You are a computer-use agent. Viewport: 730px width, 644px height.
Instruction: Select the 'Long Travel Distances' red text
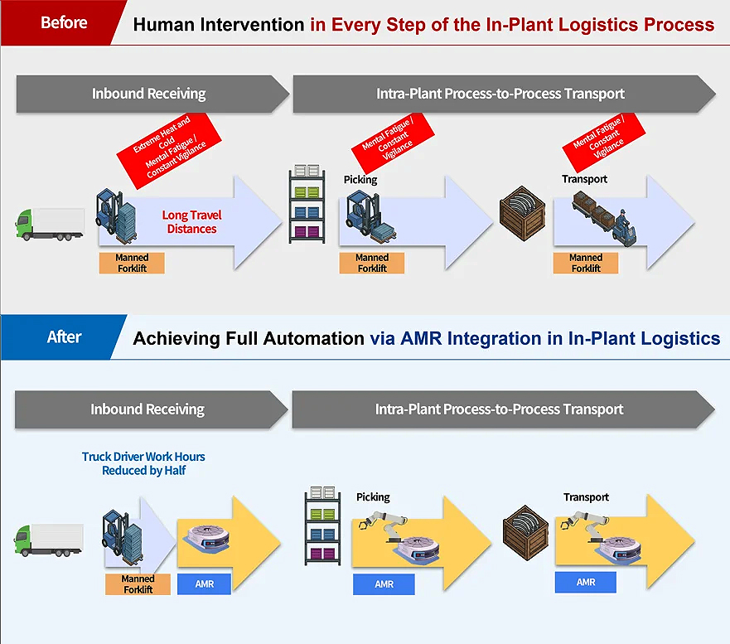191,221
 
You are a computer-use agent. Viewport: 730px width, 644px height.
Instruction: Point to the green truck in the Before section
50,225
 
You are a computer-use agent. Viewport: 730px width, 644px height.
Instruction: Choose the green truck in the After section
48,540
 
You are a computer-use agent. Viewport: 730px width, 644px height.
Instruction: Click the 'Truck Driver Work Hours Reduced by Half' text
143,463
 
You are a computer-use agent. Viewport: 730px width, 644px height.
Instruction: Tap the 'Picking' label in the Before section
360,180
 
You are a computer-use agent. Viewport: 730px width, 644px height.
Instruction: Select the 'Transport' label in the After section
586,497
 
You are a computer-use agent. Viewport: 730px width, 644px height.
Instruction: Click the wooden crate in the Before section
522,213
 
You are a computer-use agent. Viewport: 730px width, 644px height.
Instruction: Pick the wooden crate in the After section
525,532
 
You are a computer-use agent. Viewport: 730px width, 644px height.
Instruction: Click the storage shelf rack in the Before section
307,204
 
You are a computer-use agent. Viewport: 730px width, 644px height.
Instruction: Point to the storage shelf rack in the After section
322,525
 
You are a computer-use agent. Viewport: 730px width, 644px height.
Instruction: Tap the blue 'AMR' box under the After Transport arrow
586,582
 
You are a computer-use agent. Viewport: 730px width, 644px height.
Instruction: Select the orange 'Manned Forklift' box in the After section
138,584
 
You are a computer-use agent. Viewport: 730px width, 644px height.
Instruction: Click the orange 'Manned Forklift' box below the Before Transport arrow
586,263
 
